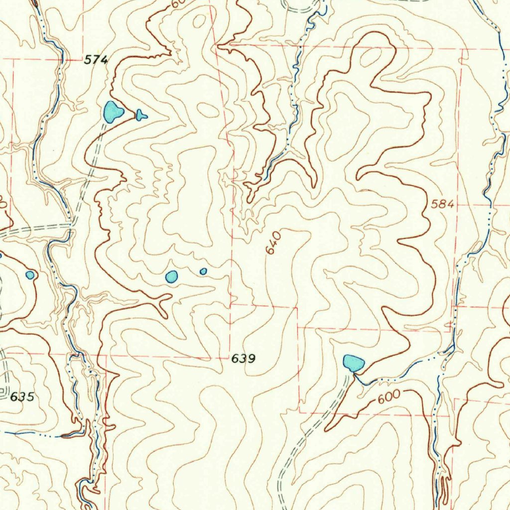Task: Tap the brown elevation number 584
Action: pos(443,204)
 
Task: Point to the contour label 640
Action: pos(272,243)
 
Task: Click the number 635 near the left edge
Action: pos(22,397)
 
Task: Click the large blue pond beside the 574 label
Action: pos(113,112)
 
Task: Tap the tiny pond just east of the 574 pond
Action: pos(141,116)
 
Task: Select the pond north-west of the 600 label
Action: pos(353,363)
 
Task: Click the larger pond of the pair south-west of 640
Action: pos(171,276)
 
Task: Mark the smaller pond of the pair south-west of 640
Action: pos(203,271)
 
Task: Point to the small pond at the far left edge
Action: pos(30,274)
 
